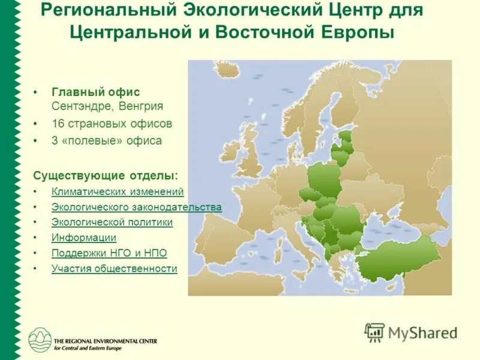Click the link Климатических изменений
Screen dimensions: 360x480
point(118,191)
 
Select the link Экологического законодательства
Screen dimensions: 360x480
point(136,207)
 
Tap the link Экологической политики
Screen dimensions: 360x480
point(112,222)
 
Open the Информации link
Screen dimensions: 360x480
point(83,238)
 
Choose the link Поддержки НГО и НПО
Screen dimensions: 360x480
point(109,253)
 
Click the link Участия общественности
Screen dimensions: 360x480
point(114,268)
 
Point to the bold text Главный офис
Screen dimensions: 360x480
point(95,92)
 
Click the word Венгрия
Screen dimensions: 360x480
point(142,106)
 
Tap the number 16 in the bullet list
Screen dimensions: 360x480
point(58,124)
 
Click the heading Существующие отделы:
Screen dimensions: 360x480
point(106,175)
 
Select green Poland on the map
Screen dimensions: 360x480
point(325,179)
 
